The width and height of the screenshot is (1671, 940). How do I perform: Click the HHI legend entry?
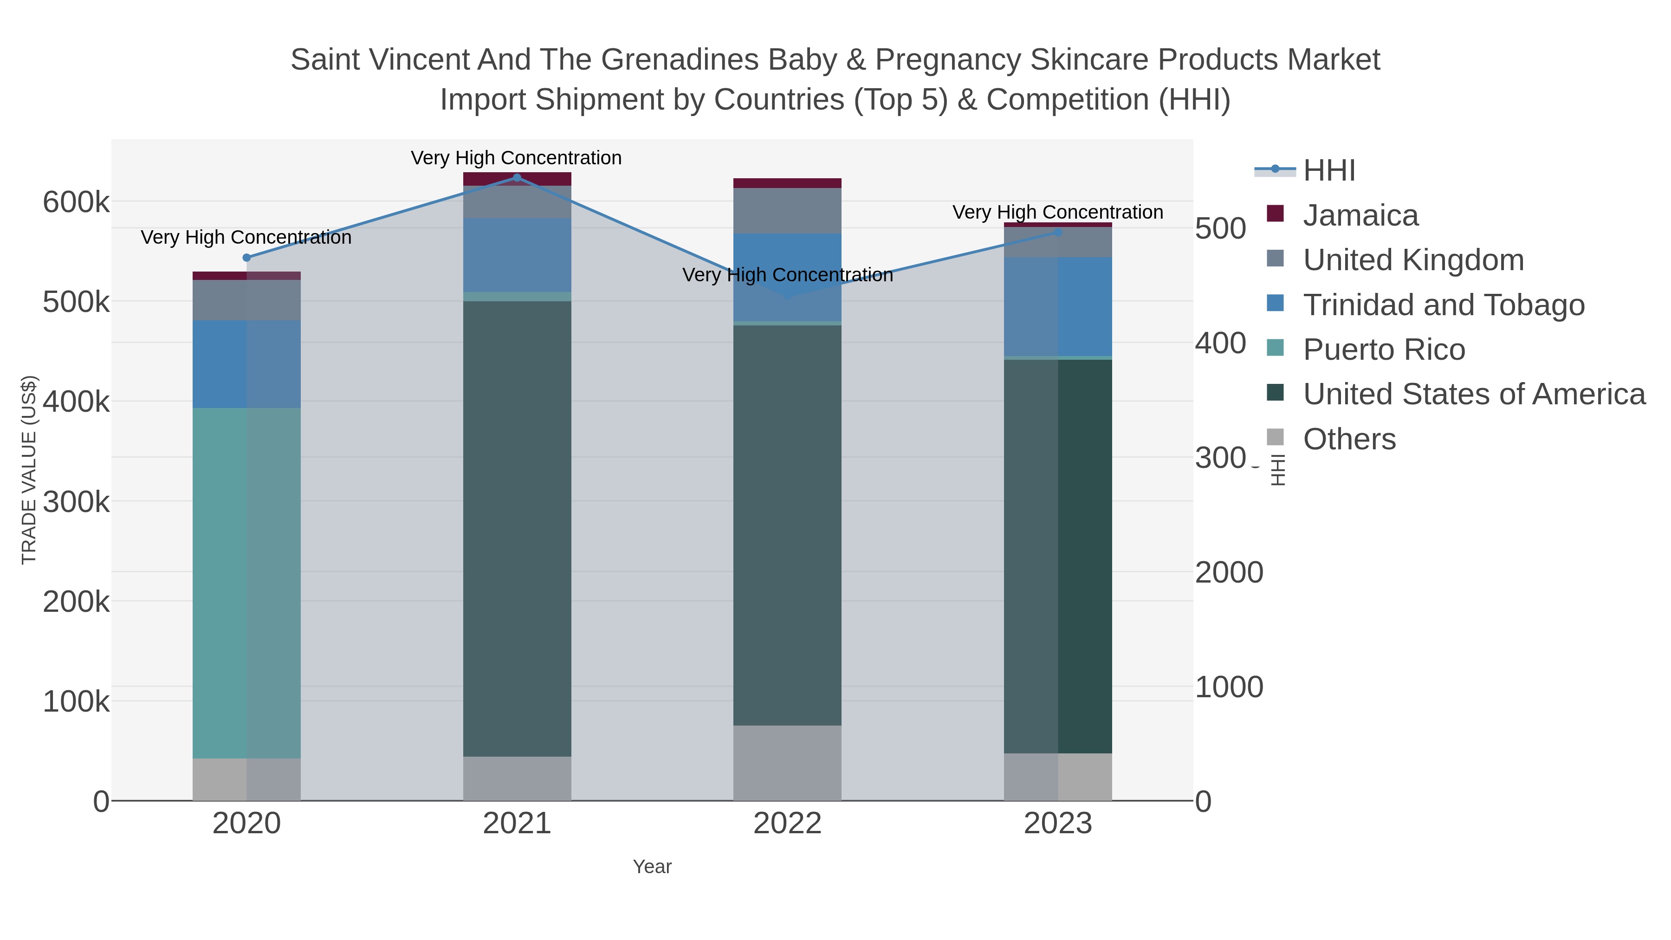coord(1328,171)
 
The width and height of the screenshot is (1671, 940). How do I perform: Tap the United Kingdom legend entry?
coord(1413,260)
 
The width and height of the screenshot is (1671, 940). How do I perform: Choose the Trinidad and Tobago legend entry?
coord(1443,305)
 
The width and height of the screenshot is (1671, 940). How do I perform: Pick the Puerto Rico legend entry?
coord(1384,350)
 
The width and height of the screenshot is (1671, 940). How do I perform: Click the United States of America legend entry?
coord(1474,395)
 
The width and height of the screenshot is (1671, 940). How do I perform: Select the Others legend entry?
coord(1348,439)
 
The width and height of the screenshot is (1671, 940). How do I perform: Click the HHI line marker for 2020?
coord(246,258)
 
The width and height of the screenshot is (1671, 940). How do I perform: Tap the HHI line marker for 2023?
coord(1058,232)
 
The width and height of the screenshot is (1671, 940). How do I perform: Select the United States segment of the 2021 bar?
coord(517,528)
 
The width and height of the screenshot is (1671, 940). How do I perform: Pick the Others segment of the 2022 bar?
coord(787,762)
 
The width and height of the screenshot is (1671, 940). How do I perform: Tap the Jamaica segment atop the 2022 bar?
coord(787,183)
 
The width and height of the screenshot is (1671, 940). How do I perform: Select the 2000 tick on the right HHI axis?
coord(1229,573)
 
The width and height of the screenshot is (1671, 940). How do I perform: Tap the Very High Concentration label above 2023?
coord(1057,212)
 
